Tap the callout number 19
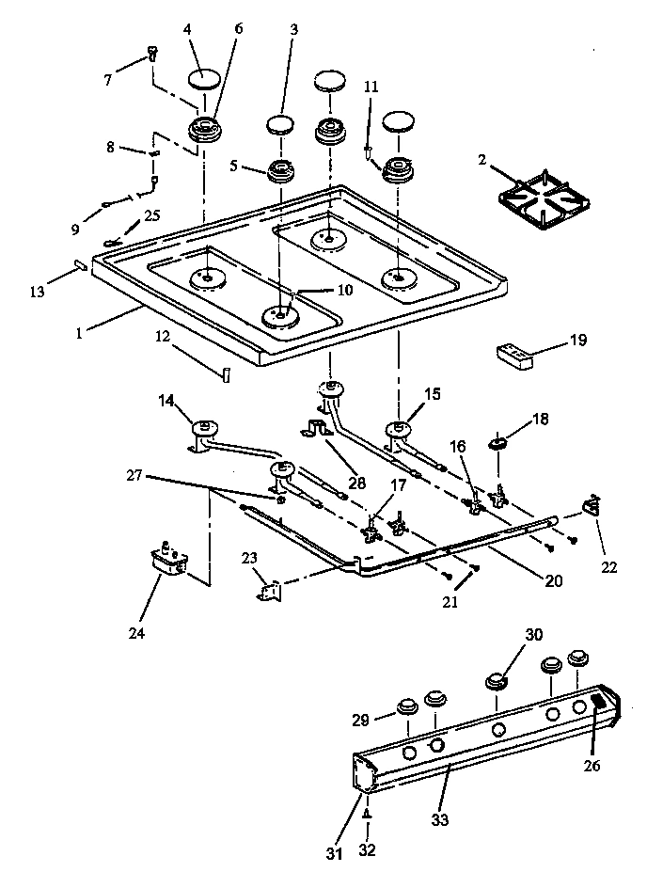pyautogui.click(x=576, y=341)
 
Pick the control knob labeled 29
pyautogui.click(x=408, y=706)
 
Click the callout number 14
pyautogui.click(x=166, y=403)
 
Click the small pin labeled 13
pyautogui.click(x=80, y=265)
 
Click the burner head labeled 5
pyautogui.click(x=280, y=170)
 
